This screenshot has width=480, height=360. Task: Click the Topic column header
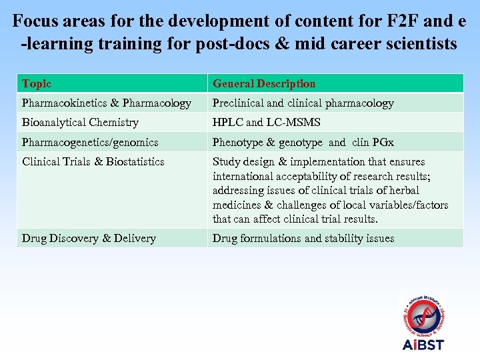click(x=37, y=84)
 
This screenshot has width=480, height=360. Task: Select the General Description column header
click(x=264, y=84)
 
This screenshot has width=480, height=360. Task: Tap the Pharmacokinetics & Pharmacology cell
click(x=107, y=103)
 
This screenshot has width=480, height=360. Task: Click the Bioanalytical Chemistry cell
click(x=81, y=123)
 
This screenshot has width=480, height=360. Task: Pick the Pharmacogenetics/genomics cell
click(x=90, y=142)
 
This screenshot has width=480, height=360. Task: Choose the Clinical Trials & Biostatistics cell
click(x=93, y=162)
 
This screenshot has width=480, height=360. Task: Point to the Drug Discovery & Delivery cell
click(x=89, y=238)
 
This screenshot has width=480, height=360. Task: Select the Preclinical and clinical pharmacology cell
click(x=303, y=103)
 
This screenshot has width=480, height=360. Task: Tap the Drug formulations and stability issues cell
click(x=303, y=238)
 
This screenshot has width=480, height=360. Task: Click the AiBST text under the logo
click(x=423, y=345)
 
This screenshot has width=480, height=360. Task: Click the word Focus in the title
click(x=35, y=20)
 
